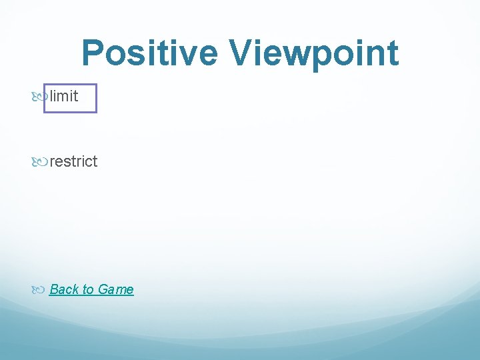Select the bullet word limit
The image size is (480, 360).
[x=64, y=97]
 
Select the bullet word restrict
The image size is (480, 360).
[x=73, y=161]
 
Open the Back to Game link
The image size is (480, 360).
[x=91, y=289]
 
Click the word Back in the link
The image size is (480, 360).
[x=63, y=289]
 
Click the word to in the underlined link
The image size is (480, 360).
[x=88, y=289]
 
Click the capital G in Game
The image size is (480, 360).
[x=103, y=289]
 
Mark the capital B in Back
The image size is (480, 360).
[x=54, y=289]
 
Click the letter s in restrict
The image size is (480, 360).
[x=67, y=162]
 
